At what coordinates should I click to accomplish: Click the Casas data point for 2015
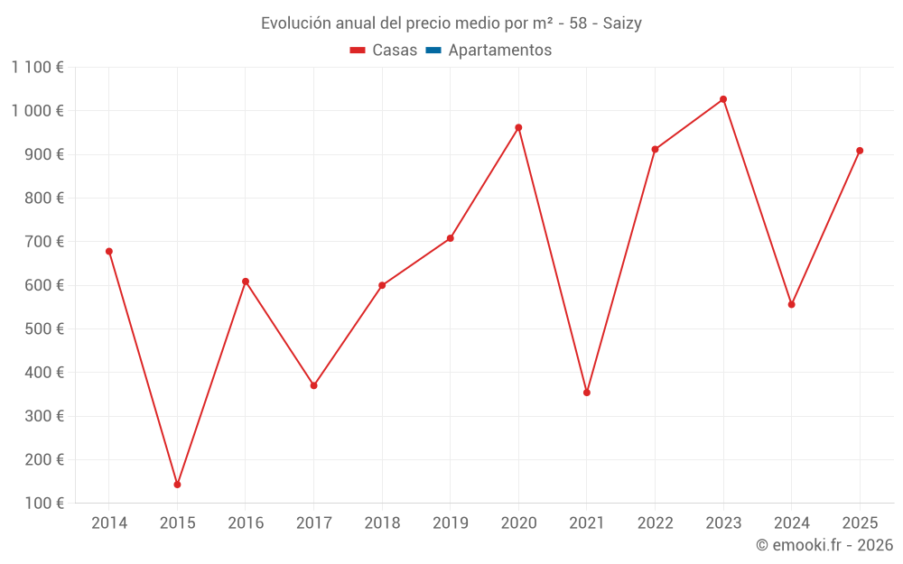177,485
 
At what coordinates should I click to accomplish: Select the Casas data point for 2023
723,99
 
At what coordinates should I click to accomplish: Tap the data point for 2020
518,127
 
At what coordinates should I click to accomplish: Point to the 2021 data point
587,393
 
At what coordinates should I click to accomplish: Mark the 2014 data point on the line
109,252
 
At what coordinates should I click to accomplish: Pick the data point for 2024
791,304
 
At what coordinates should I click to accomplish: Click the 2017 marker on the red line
313,385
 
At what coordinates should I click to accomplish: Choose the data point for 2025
860,151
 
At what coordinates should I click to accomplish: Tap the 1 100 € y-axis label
38,67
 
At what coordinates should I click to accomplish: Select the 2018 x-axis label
382,523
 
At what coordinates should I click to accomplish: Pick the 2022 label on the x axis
655,523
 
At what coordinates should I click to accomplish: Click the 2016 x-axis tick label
246,523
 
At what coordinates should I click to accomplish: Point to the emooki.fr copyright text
824,545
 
